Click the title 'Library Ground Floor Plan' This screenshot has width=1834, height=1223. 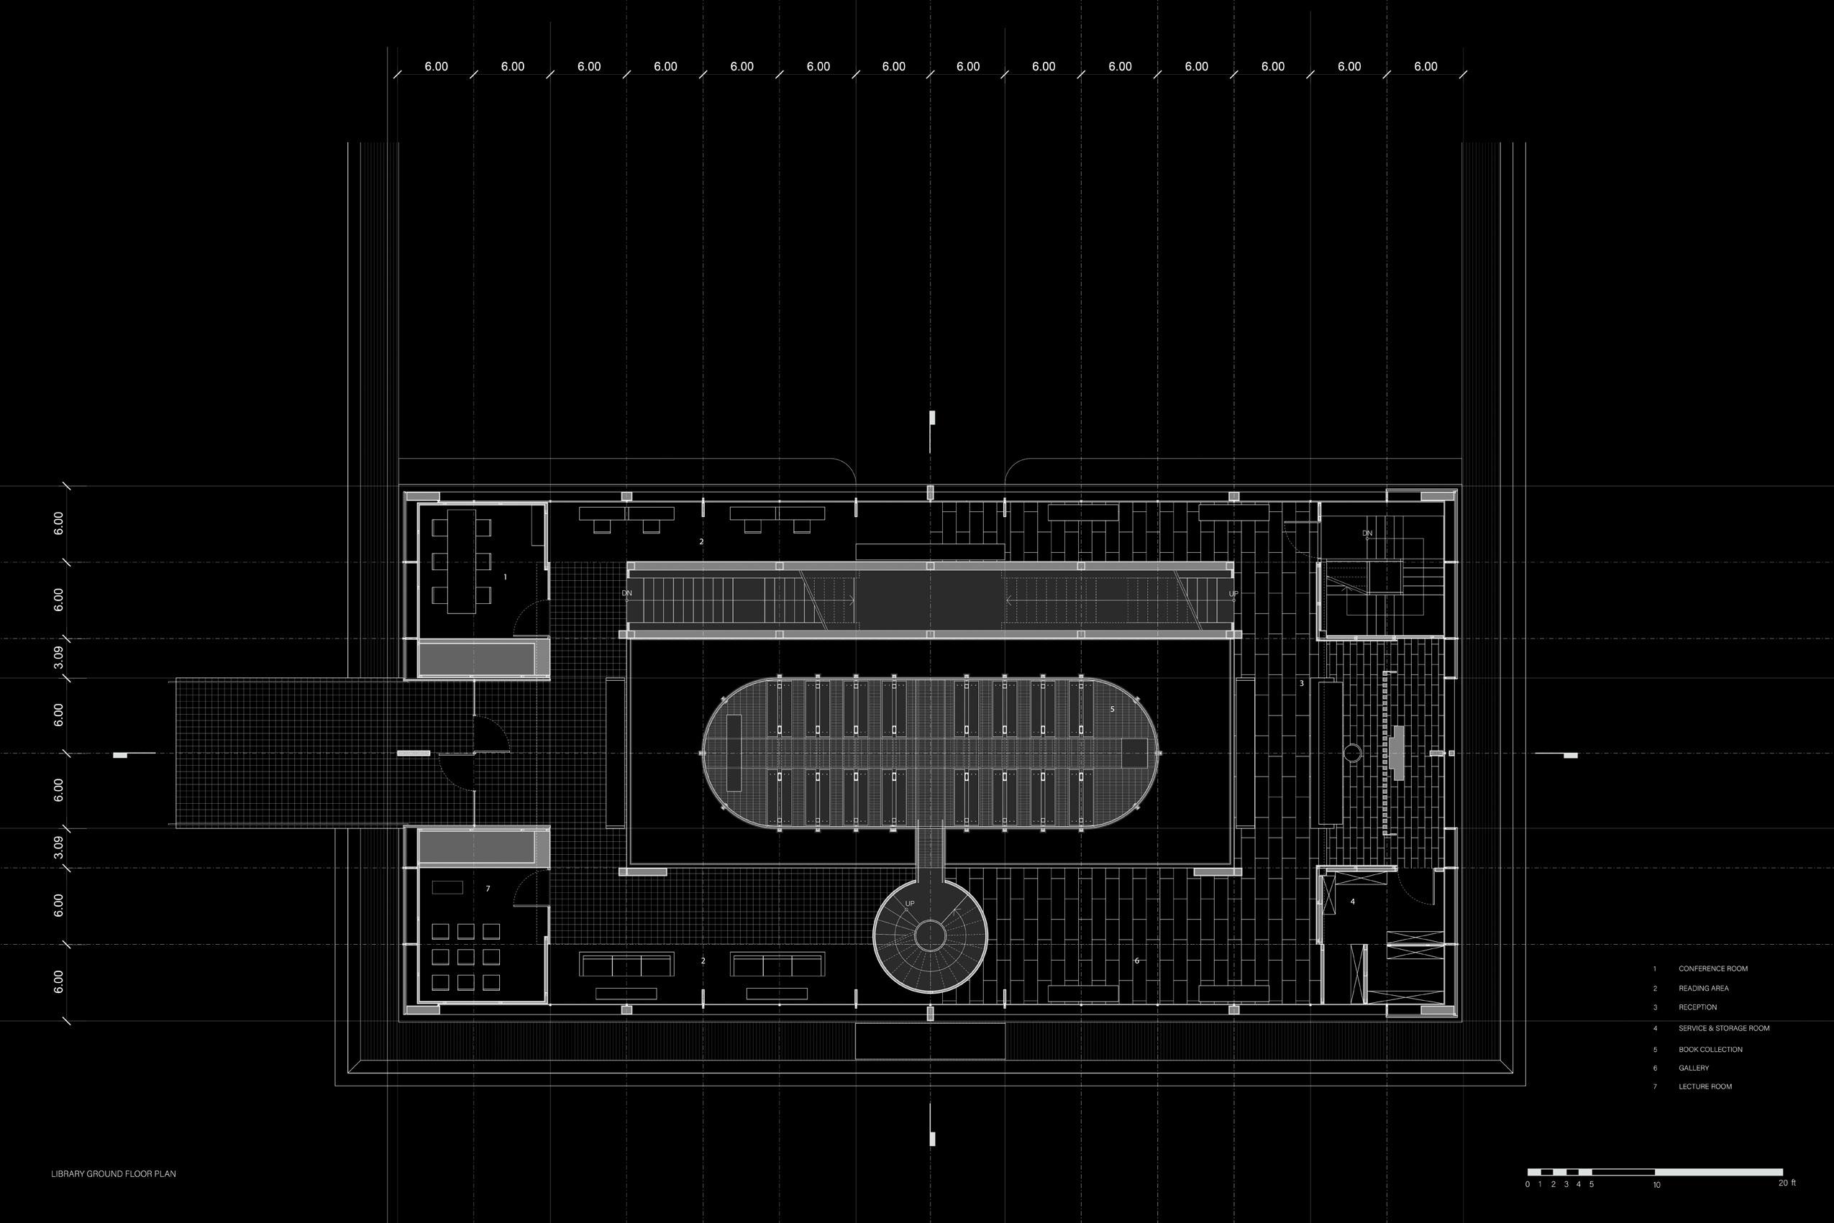[x=113, y=1174]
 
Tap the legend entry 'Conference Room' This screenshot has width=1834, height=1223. [x=1713, y=968]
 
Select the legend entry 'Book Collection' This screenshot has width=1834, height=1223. [x=1711, y=1050]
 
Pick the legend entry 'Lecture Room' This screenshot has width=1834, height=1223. [x=1705, y=1086]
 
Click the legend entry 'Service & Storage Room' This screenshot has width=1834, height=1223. [x=1724, y=1029]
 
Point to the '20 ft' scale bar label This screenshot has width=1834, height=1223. [x=1787, y=1183]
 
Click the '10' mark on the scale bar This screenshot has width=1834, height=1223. [x=1656, y=1186]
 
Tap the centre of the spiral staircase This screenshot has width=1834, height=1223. [x=930, y=935]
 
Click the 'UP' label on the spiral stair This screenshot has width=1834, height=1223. [x=910, y=904]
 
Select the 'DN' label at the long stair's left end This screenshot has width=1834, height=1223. [x=626, y=594]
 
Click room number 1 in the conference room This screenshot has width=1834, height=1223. [x=506, y=577]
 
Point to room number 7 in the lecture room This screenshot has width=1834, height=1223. [x=488, y=889]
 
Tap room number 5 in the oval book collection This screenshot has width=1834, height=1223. [x=1113, y=709]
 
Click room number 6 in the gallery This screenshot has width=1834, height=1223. [x=1136, y=961]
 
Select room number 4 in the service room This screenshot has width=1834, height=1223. [x=1353, y=902]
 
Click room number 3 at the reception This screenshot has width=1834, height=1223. [x=1301, y=684]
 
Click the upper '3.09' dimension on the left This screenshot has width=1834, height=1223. [x=58, y=659]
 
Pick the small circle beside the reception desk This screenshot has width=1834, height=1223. [x=1352, y=753]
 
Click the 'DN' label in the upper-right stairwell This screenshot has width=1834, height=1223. [x=1367, y=533]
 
